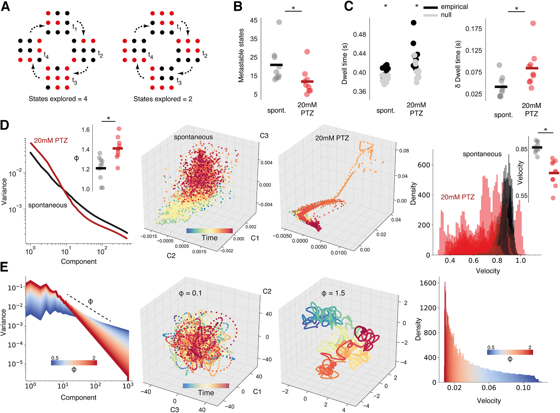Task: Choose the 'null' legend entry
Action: [446, 15]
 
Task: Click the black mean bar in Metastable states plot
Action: [276, 65]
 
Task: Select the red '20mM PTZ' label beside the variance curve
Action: [51, 140]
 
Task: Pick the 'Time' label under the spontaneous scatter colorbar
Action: [209, 238]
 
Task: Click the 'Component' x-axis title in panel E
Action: [79, 398]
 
